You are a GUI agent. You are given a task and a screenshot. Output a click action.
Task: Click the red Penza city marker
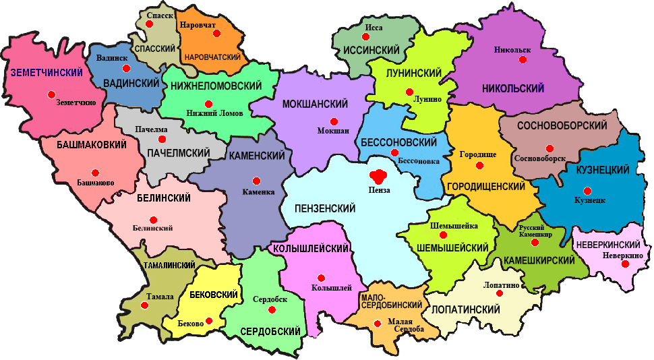(378, 177)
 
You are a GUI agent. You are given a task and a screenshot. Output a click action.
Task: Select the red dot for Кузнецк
(587, 190)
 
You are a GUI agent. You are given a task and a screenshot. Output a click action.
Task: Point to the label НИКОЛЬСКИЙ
(513, 88)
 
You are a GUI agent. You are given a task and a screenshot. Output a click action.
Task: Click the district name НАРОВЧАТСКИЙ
(212, 57)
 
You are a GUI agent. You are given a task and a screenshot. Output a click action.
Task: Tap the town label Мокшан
(333, 131)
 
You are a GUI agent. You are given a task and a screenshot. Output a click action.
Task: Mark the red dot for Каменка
(256, 181)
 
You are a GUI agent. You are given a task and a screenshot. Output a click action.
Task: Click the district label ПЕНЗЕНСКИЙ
(320, 208)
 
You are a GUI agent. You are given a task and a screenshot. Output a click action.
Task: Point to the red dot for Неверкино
(625, 264)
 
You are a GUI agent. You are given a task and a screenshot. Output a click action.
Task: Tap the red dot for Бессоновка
(394, 152)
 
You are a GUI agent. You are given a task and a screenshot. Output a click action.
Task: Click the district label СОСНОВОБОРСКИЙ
(562, 125)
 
